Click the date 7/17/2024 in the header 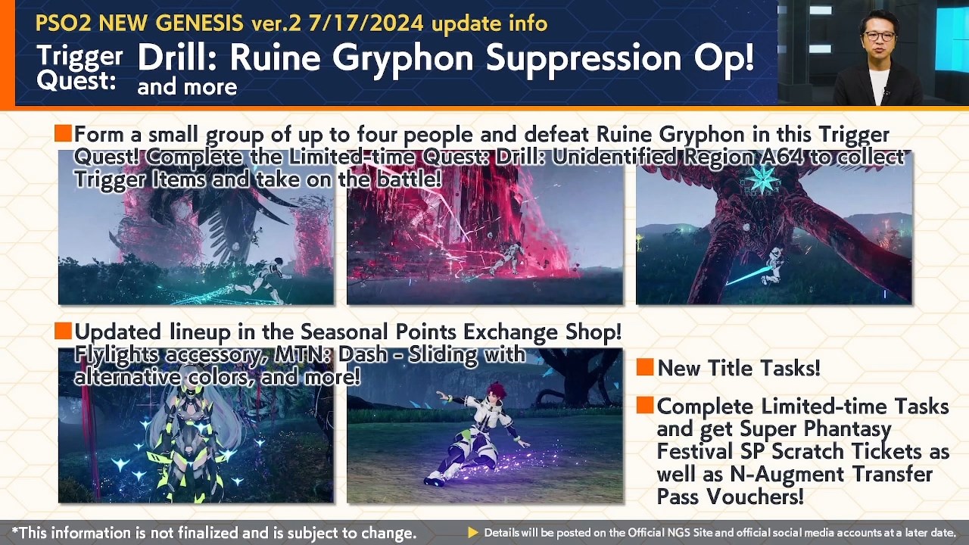click(x=366, y=23)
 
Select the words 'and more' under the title click(x=187, y=87)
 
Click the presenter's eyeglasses click(x=880, y=36)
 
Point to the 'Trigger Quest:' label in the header click(x=80, y=67)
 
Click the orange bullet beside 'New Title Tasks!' click(x=644, y=367)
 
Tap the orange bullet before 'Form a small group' click(x=63, y=133)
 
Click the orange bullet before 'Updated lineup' click(x=63, y=331)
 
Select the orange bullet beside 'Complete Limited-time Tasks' click(x=644, y=405)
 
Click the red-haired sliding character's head click(x=496, y=391)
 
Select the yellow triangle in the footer click(x=473, y=532)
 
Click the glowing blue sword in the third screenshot click(x=746, y=276)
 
